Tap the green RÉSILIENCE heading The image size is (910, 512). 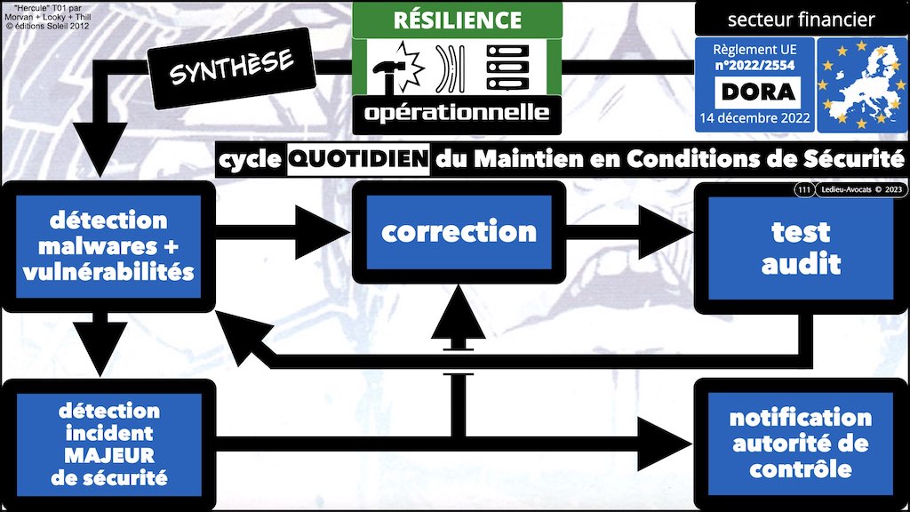(x=457, y=19)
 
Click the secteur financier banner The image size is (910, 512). (x=801, y=19)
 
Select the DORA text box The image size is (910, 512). (x=758, y=92)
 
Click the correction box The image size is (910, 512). (x=459, y=232)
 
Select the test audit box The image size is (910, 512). (x=800, y=248)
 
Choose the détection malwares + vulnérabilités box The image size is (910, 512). (x=109, y=246)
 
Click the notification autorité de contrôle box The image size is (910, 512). (x=800, y=443)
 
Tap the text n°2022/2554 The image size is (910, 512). (x=758, y=66)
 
